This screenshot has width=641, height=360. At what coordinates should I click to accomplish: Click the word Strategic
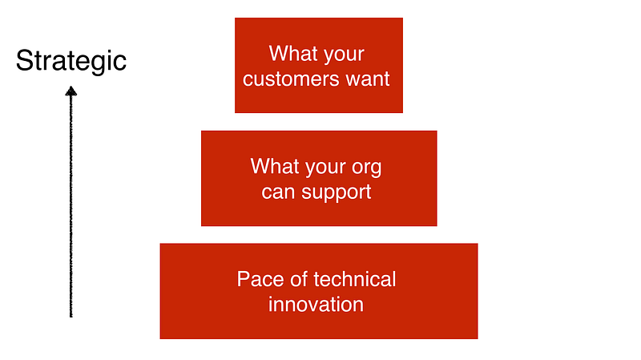[x=71, y=62]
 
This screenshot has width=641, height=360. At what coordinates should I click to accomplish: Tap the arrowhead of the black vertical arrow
[x=71, y=91]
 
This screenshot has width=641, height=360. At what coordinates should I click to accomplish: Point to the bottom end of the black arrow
[x=71, y=317]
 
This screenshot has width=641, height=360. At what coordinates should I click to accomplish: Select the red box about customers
[x=319, y=65]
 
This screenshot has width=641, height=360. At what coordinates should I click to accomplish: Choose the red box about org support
[x=319, y=178]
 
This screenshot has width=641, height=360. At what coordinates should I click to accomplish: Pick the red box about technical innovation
[x=319, y=291]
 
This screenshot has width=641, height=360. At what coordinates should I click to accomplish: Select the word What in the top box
[x=288, y=53]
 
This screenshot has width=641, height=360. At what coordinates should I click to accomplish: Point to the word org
[x=366, y=168]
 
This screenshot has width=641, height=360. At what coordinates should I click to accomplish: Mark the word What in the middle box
[x=270, y=166]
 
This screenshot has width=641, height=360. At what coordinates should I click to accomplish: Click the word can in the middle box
[x=278, y=192]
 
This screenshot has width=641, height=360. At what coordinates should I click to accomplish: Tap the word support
[x=336, y=192]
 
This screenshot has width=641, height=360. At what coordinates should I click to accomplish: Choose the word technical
[x=355, y=279]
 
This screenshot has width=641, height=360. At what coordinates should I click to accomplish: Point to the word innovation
[x=316, y=305]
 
